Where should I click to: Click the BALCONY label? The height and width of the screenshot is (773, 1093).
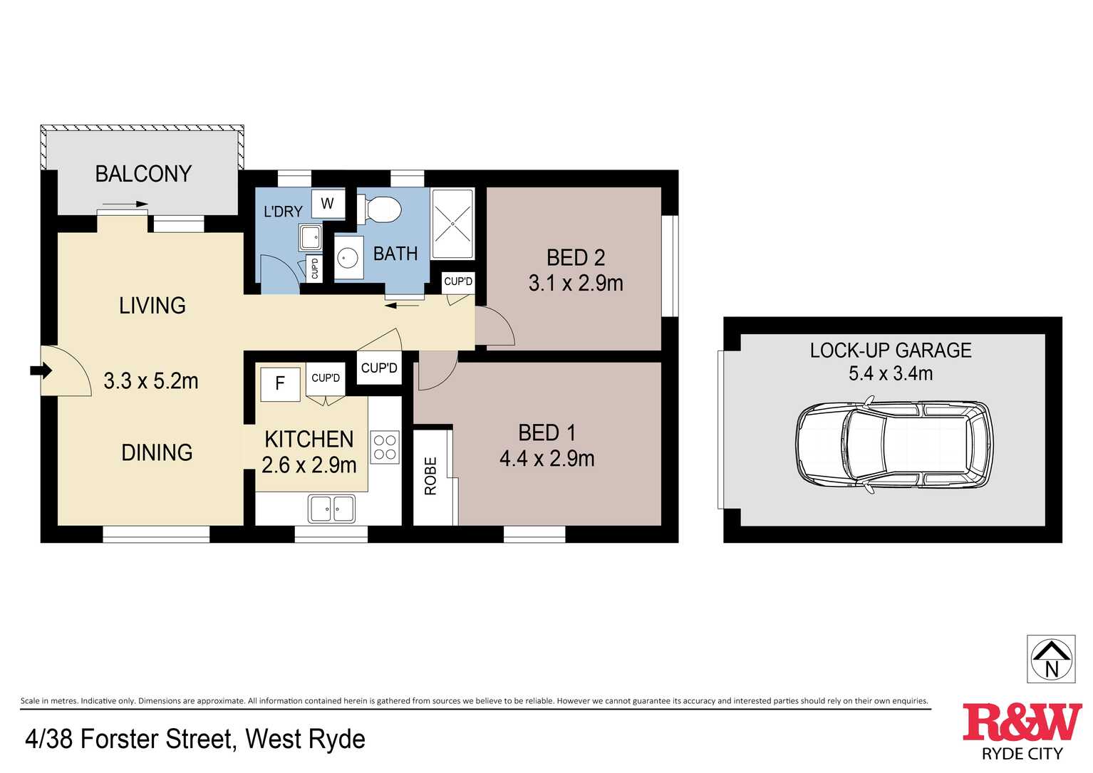click(x=143, y=175)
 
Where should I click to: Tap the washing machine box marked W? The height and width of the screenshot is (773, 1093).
click(x=328, y=203)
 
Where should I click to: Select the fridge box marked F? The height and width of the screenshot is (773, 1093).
click(x=280, y=384)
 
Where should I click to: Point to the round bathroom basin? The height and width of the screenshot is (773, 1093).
click(x=348, y=257)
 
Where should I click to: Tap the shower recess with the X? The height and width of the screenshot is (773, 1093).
click(x=453, y=224)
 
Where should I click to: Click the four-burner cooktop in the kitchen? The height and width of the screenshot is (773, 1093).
click(x=385, y=447)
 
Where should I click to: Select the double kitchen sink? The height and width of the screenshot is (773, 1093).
click(x=332, y=509)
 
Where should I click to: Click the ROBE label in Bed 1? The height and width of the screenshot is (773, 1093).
click(x=430, y=476)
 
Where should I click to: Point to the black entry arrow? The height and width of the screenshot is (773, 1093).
click(x=41, y=370)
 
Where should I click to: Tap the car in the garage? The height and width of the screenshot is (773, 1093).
click(x=894, y=446)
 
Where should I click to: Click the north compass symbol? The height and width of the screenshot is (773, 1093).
click(x=1051, y=659)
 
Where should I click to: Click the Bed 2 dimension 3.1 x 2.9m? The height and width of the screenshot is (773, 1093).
click(x=576, y=284)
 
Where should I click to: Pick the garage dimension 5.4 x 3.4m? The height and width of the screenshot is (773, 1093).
click(x=891, y=374)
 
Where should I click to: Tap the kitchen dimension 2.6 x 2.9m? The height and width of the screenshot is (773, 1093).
click(x=309, y=465)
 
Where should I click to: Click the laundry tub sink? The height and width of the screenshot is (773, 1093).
click(x=310, y=238)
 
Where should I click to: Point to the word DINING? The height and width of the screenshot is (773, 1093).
click(x=157, y=453)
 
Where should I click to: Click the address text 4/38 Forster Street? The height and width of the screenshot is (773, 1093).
click(x=130, y=739)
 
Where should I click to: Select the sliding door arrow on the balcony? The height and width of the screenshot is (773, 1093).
click(x=125, y=204)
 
